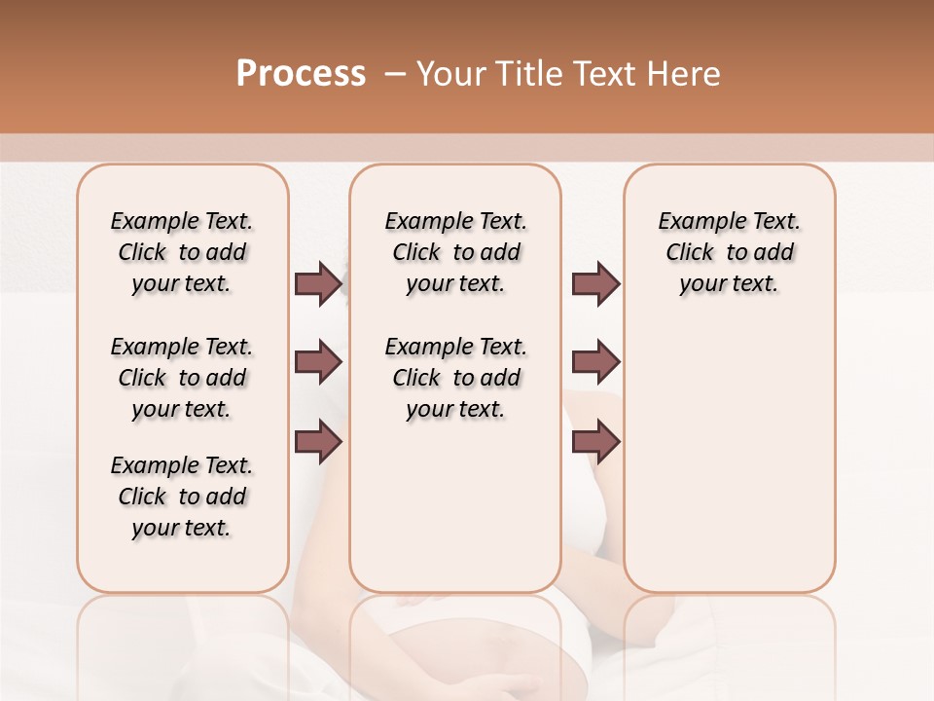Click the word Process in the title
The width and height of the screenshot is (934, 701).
[301, 74]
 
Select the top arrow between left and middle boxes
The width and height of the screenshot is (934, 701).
[318, 283]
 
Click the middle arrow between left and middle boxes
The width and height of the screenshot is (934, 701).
[318, 363]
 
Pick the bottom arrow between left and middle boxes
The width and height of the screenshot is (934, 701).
[318, 442]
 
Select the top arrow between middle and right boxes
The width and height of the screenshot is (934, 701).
[595, 283]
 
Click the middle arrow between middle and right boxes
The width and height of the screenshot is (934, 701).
[595, 363]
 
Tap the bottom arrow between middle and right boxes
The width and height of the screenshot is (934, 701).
[595, 442]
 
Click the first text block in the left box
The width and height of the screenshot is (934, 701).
[182, 252]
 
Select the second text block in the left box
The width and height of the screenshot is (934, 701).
[182, 378]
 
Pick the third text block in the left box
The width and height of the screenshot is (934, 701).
[182, 497]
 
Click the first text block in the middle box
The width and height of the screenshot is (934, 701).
[455, 252]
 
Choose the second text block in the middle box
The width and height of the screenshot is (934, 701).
[455, 378]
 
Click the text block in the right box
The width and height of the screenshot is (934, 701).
[729, 252]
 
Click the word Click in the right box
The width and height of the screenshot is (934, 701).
[690, 253]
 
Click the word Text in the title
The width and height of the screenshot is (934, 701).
[601, 74]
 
